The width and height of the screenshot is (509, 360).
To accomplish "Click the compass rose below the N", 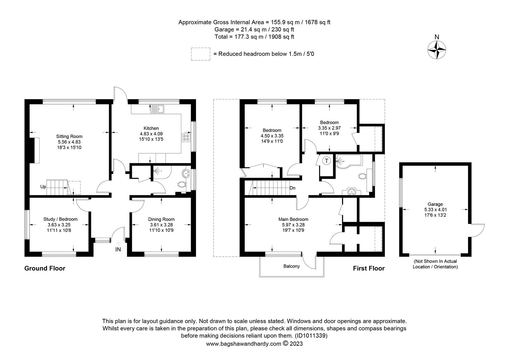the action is (436, 50).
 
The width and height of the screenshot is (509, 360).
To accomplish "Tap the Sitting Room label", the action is (69, 136).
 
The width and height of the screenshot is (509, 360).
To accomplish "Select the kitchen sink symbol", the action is (157, 109).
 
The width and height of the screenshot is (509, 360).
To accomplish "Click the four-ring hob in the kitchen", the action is (186, 138).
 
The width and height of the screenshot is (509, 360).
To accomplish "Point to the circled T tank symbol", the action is (326, 161).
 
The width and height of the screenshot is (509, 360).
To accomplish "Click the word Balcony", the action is (291, 266).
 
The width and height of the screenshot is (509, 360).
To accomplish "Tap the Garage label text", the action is (435, 204).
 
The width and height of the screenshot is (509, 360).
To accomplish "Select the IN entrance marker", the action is (118, 249).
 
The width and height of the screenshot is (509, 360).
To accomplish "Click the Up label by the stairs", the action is (43, 187).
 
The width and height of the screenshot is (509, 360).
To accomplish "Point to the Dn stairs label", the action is (292, 188).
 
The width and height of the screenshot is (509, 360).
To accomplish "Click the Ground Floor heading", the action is (45, 268).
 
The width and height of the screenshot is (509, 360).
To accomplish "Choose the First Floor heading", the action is (369, 268).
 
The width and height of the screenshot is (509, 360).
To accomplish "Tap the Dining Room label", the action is (161, 219).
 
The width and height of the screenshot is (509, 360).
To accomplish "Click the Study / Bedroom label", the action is (60, 219).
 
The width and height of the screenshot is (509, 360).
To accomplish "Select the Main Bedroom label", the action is (293, 219).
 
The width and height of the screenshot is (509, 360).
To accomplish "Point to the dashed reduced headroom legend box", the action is (201, 54).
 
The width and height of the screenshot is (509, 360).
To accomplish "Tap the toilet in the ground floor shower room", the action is (182, 184).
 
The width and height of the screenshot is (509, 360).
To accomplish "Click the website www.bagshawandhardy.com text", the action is (244, 344).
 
